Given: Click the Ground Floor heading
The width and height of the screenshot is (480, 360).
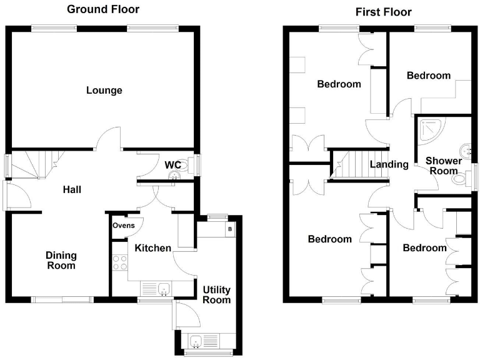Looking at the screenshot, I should click(x=103, y=9).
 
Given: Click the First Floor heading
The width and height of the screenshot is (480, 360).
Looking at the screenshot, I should click(x=384, y=12).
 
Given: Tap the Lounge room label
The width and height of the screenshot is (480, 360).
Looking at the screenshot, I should click(x=104, y=91).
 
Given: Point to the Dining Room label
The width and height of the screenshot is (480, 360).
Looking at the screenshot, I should click(x=61, y=260).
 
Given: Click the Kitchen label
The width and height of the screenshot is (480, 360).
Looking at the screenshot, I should click(x=153, y=248).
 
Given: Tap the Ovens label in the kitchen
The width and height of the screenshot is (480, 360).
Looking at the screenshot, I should click(x=124, y=226).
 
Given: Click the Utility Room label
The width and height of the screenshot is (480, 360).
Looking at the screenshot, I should click(x=216, y=294).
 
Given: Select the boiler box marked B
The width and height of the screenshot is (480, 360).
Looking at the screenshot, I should click(x=230, y=229).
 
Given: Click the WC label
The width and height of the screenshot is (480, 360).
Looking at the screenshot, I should click(x=172, y=165).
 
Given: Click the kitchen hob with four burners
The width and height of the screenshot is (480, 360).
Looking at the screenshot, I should click(x=119, y=263).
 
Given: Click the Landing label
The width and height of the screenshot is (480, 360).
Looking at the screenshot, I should click(x=389, y=165).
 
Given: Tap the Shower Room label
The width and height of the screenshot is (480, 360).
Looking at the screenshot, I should click(x=443, y=166).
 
